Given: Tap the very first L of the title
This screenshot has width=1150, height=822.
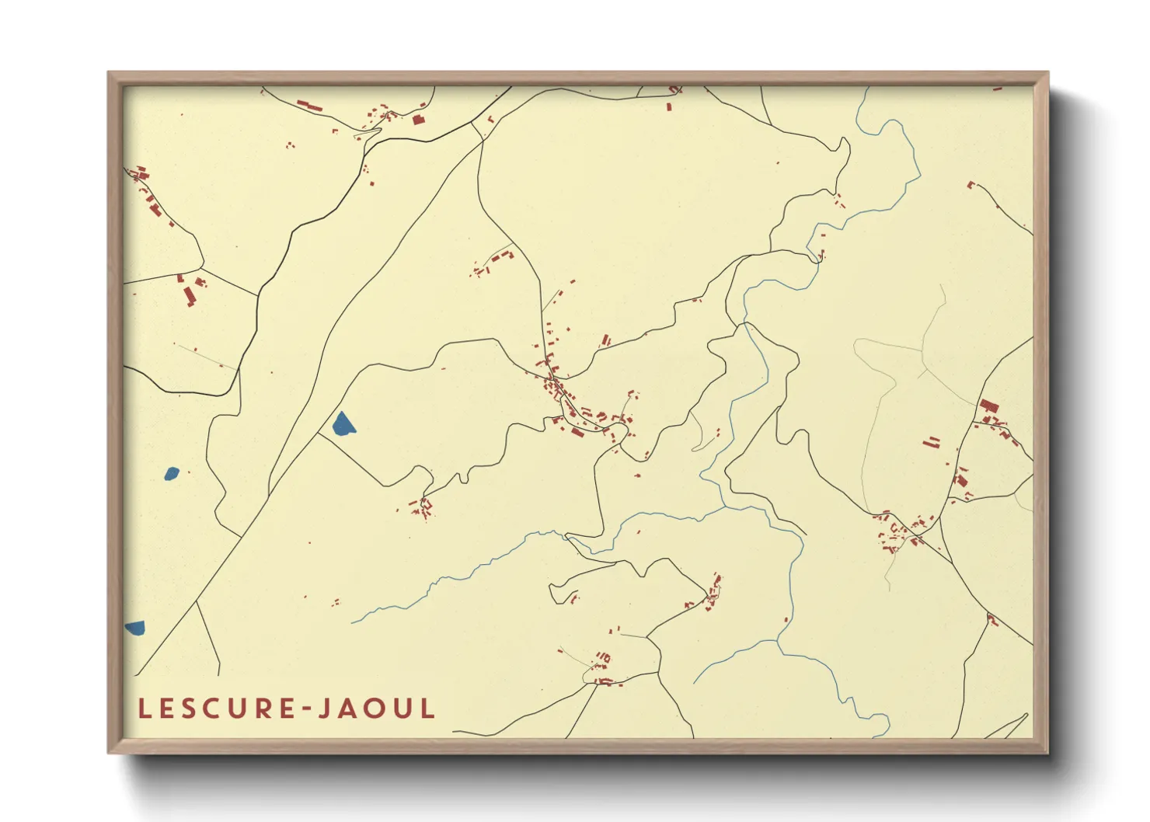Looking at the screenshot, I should click(144, 709).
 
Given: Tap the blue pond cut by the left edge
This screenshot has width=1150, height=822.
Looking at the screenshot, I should click(134, 627).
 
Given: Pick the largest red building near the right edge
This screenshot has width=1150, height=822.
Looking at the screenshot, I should click(988, 406).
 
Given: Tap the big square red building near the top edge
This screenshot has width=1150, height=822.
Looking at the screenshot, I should click(418, 120).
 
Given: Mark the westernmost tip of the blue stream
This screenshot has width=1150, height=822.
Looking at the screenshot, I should click(353, 622).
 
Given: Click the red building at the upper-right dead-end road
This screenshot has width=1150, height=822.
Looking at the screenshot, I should click(971, 185).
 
